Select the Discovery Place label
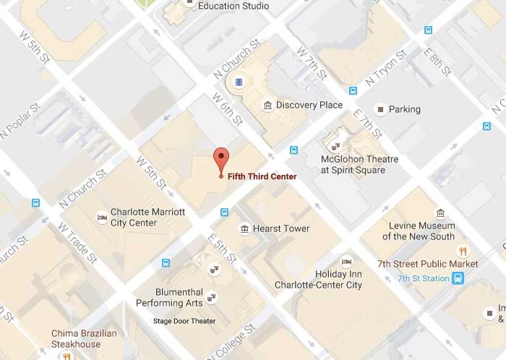(309, 106)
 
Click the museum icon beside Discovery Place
(267, 106)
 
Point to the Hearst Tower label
(280, 229)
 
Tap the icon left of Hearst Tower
(245, 229)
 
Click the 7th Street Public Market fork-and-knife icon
(463, 251)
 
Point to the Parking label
(404, 110)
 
